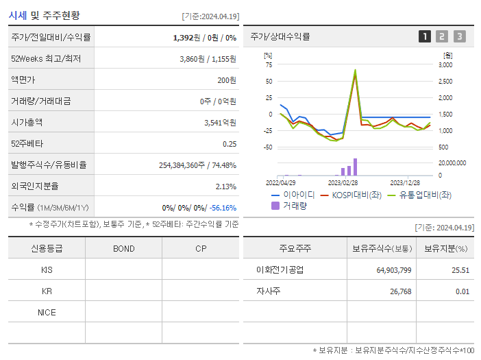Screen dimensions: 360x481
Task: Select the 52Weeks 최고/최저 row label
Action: (46, 59)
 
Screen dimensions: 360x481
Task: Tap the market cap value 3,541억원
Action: (220, 123)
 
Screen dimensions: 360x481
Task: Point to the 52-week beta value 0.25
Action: (230, 144)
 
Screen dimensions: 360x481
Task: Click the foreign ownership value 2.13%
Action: (225, 187)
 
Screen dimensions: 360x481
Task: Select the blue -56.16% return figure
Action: (223, 208)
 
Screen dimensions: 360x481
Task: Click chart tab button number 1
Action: (425, 36)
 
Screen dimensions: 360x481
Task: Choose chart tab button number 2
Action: (442, 36)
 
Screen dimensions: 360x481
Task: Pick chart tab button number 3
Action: (459, 36)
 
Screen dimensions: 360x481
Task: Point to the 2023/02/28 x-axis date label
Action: (343, 183)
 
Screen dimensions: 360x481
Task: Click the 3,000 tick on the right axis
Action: (445, 65)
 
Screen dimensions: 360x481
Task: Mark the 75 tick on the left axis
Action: (269, 65)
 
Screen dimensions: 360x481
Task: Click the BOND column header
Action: (123, 248)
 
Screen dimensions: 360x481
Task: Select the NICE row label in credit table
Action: (47, 313)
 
